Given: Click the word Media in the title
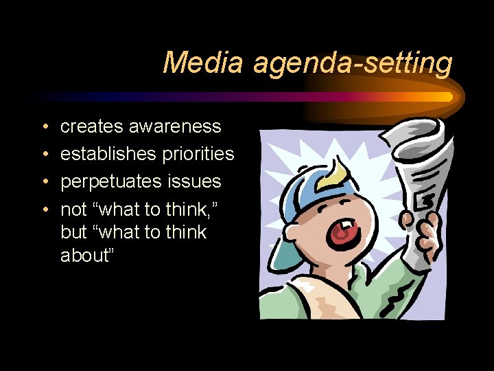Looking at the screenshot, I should click(x=202, y=63).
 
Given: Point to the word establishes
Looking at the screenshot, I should click(x=108, y=154).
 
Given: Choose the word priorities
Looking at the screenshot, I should click(x=198, y=154).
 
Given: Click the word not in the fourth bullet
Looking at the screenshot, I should click(x=74, y=210).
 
